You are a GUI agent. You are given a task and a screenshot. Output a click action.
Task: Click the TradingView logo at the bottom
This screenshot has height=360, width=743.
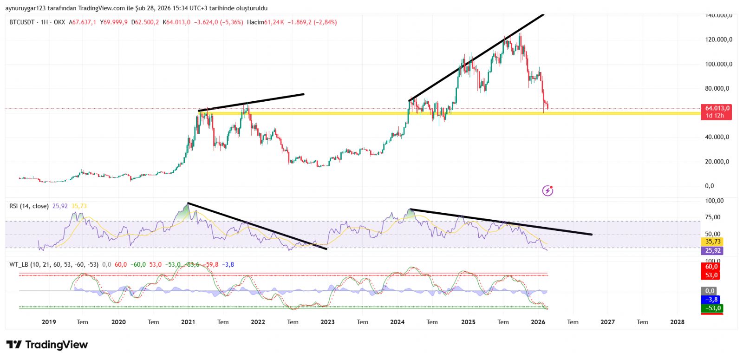(x=47, y=345)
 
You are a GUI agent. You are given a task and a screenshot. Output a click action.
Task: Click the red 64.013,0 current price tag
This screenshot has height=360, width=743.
(x=716, y=108)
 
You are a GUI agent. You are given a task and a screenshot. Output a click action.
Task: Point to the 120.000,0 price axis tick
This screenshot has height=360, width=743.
(x=718, y=39)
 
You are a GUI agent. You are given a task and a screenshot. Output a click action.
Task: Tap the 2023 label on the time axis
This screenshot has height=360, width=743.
(x=327, y=322)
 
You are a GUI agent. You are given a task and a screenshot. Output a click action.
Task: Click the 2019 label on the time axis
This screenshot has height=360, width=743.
(x=49, y=322)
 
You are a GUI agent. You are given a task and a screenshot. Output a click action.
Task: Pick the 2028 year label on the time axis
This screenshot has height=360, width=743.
(x=677, y=322)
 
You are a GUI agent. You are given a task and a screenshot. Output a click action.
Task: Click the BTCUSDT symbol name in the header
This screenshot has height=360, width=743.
(x=22, y=22)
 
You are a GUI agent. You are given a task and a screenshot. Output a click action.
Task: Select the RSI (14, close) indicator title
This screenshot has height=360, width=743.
(x=29, y=206)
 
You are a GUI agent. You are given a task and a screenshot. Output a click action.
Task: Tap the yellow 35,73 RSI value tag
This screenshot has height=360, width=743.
(x=713, y=242)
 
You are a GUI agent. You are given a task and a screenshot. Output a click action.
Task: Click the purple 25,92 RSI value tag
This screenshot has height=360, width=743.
(x=713, y=250)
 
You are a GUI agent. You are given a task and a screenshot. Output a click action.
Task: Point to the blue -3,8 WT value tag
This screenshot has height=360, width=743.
(x=711, y=300)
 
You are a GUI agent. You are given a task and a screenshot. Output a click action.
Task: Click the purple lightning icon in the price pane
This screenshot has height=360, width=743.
(x=548, y=190)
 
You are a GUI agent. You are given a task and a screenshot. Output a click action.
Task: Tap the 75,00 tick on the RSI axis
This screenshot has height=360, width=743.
(x=713, y=217)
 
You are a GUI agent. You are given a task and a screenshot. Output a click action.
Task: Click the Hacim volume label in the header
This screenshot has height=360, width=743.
(x=255, y=22)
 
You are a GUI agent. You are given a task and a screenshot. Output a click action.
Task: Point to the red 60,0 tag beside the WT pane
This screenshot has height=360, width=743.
(x=711, y=267)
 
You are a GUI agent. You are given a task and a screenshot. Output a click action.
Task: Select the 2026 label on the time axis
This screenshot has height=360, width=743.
(x=538, y=322)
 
